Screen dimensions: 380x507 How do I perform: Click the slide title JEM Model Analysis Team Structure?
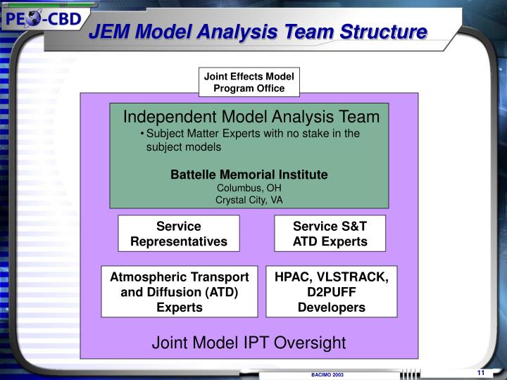[x=258, y=32]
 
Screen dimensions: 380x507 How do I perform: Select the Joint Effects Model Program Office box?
[x=249, y=82]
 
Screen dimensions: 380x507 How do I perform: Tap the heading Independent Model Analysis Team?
[x=251, y=117]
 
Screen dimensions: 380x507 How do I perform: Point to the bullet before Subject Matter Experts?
[x=142, y=134]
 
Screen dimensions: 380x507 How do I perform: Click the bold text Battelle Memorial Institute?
[x=249, y=174]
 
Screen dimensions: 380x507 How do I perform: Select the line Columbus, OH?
[x=249, y=187]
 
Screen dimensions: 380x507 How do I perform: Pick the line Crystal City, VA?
[x=249, y=200]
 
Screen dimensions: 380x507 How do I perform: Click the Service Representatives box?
[x=179, y=234]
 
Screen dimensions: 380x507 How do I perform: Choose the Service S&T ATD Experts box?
[x=330, y=234]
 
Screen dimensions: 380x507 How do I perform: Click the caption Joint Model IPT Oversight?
[x=249, y=343]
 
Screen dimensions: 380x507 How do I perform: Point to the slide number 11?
[x=482, y=372]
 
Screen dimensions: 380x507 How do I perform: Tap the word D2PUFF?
[x=331, y=292]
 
